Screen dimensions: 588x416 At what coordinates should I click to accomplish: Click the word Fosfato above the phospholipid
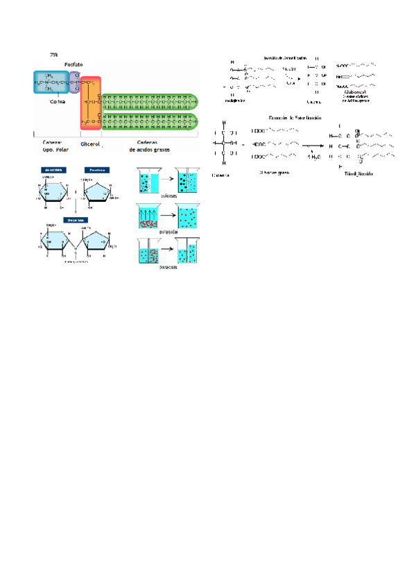(x=75, y=63)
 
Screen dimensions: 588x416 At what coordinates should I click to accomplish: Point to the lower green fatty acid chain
(x=148, y=121)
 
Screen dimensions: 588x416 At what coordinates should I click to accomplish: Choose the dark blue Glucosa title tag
(x=53, y=169)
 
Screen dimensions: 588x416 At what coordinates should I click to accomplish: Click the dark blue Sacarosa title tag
(x=75, y=220)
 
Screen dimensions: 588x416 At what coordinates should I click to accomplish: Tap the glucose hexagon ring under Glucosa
(x=53, y=194)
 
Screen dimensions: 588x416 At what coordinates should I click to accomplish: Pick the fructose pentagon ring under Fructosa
(x=96, y=194)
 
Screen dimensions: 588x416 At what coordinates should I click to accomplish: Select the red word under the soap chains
(x=355, y=91)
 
